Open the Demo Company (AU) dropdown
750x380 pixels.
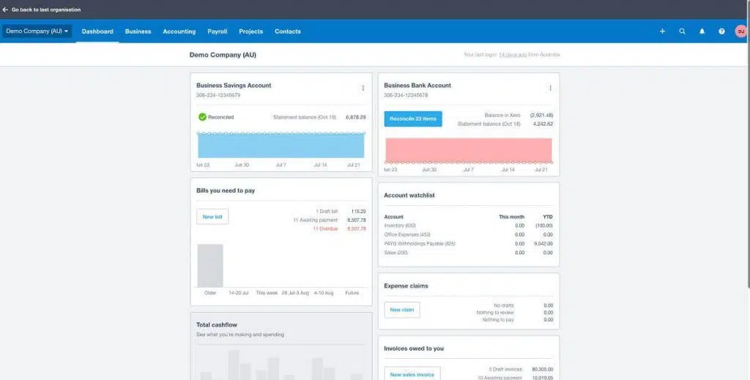(37, 31)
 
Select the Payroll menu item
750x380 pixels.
(218, 31)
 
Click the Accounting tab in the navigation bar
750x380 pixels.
(179, 31)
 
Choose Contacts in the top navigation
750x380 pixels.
(288, 31)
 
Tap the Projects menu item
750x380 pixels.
(251, 31)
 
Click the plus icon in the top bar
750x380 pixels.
(663, 31)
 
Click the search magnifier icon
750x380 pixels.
(683, 31)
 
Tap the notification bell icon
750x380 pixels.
(702, 31)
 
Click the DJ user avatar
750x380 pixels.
(740, 31)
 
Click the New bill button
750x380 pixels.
(212, 217)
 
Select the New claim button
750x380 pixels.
(402, 310)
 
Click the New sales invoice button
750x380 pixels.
(412, 374)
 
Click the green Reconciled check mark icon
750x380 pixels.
(202, 116)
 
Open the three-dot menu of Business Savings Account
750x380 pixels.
(363, 88)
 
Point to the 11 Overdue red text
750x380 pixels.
(325, 228)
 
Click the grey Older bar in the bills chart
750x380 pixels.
(210, 265)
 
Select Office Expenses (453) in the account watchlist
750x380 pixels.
(407, 234)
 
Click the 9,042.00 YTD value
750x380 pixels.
(543, 243)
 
